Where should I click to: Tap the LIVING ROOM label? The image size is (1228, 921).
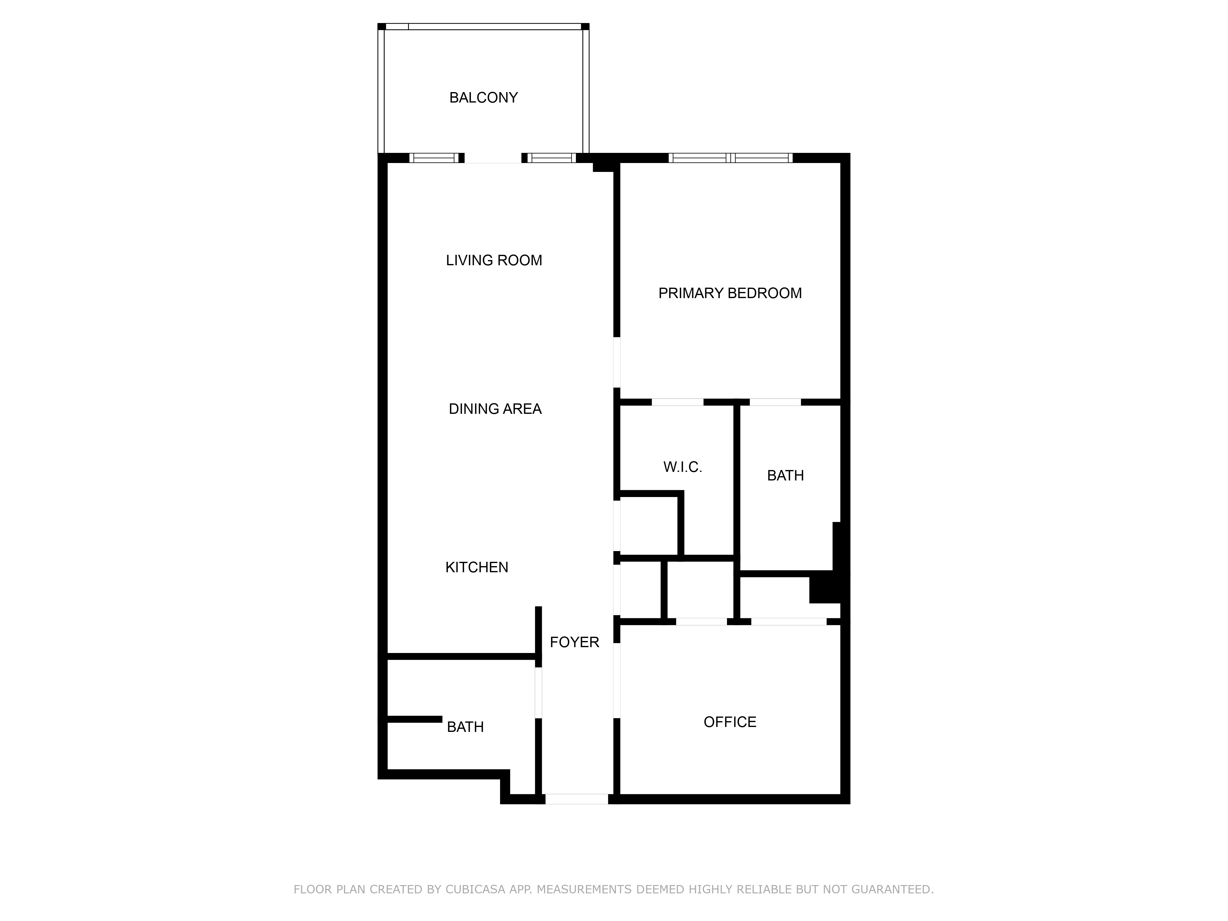tap(494, 260)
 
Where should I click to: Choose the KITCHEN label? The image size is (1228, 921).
tap(476, 567)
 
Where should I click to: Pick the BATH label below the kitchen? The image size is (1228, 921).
tap(465, 727)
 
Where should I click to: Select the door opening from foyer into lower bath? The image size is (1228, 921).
tap(538, 693)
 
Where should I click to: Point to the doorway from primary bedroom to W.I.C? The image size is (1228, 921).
tap(677, 402)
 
